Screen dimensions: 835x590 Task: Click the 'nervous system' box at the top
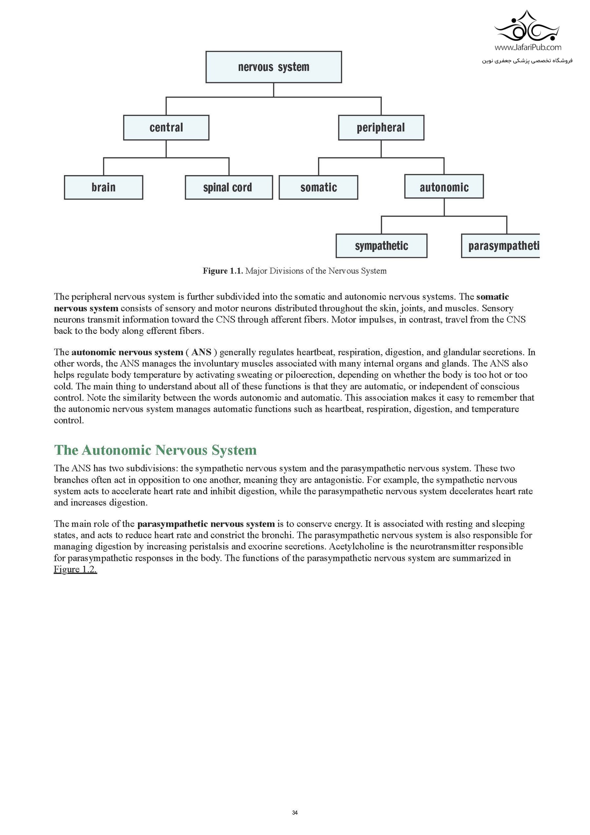tap(273, 67)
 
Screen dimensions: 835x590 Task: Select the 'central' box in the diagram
tap(166, 128)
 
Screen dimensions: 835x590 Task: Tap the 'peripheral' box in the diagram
tap(381, 128)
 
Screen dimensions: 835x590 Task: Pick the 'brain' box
tap(104, 187)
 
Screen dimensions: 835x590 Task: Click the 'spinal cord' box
tap(229, 187)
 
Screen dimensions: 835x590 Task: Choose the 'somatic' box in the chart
tap(319, 187)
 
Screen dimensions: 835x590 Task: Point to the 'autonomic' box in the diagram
tap(444, 187)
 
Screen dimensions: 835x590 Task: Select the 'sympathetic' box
tap(381, 246)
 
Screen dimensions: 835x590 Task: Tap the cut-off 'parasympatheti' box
tap(501, 246)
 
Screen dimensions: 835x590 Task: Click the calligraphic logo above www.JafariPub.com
tap(527, 27)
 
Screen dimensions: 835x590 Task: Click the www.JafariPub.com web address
tap(527, 47)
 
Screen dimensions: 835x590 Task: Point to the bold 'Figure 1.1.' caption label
tap(223, 271)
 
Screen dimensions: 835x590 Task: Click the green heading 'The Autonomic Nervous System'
tap(155, 450)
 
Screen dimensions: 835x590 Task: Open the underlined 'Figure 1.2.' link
tap(75, 570)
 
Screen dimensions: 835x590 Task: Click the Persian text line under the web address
tap(527, 61)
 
